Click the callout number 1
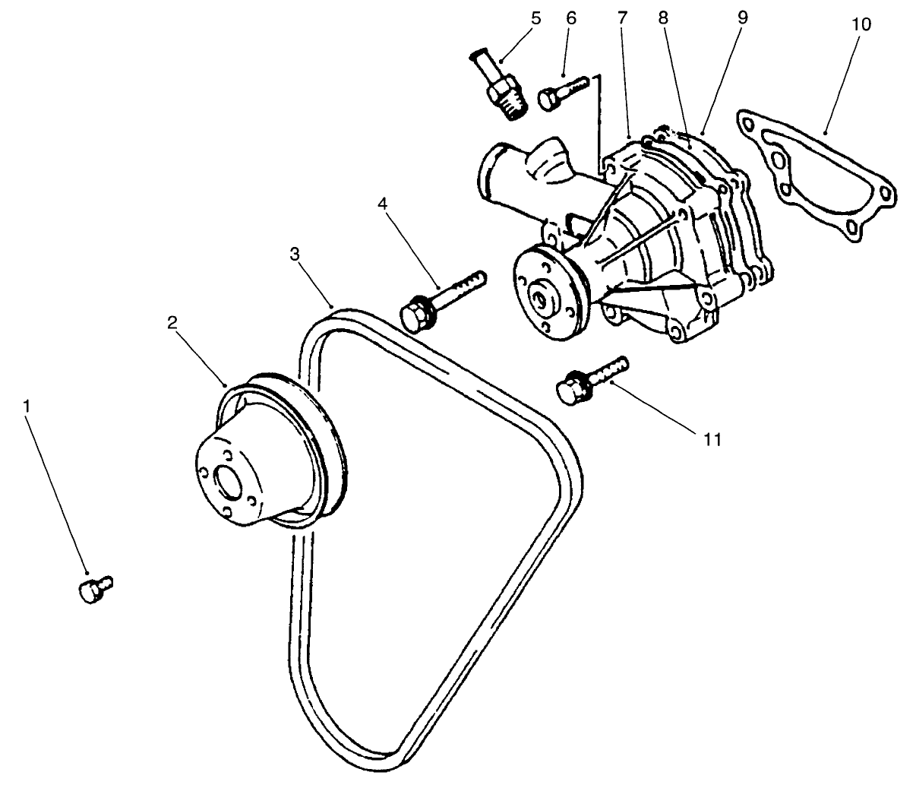point(27,407)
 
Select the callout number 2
point(172,321)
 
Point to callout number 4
point(384,203)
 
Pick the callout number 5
point(536,17)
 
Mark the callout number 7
point(623,17)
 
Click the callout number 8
point(663,17)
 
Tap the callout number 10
point(861,24)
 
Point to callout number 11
point(712,438)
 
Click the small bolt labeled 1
point(93,589)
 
